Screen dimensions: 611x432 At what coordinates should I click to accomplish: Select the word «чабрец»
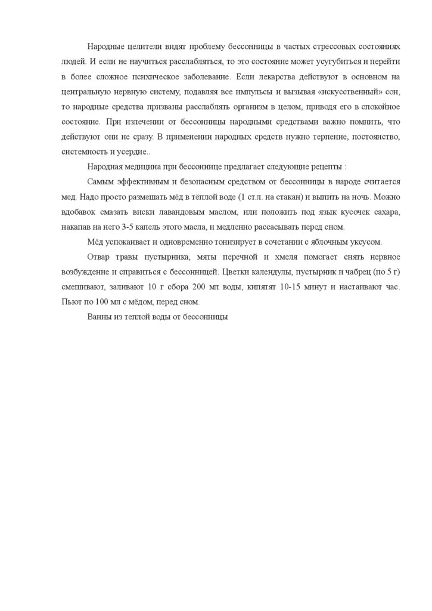coord(362,271)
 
